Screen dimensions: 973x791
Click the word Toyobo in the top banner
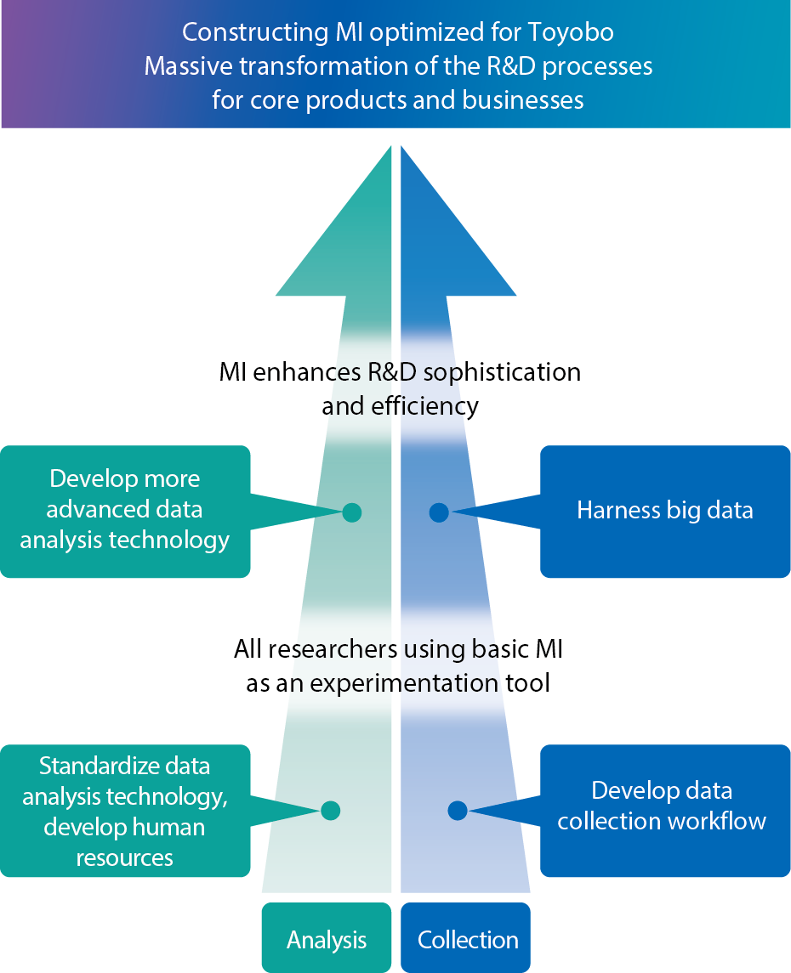click(571, 33)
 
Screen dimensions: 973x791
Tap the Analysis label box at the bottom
click(327, 939)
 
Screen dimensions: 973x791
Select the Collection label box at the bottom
click(467, 939)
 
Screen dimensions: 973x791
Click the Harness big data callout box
click(664, 511)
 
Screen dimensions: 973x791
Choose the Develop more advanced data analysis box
click(125, 510)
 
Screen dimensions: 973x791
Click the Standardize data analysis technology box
click(125, 811)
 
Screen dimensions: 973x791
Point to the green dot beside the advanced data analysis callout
click(351, 512)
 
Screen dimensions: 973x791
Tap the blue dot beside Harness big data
click(439, 512)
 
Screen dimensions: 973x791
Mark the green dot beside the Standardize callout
click(331, 811)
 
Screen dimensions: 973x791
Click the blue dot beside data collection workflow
click(458, 811)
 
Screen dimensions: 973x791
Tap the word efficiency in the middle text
click(425, 406)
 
